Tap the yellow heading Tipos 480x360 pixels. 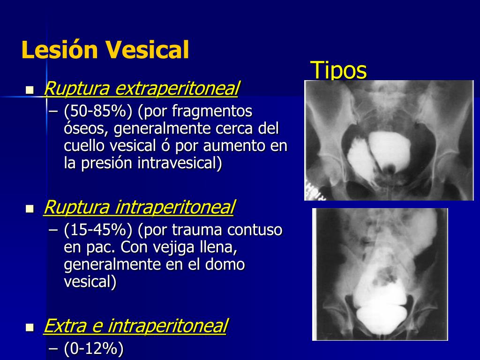(x=338, y=70)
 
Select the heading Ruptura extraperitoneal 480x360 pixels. (x=141, y=88)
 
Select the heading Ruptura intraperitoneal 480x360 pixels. (x=139, y=207)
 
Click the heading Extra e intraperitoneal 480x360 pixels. (x=135, y=326)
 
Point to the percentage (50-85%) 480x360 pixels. (x=98, y=112)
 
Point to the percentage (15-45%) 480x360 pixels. (x=98, y=230)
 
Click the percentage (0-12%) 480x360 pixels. (x=94, y=349)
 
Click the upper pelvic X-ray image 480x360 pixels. (x=389, y=140)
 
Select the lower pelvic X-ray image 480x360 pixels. (x=380, y=274)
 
